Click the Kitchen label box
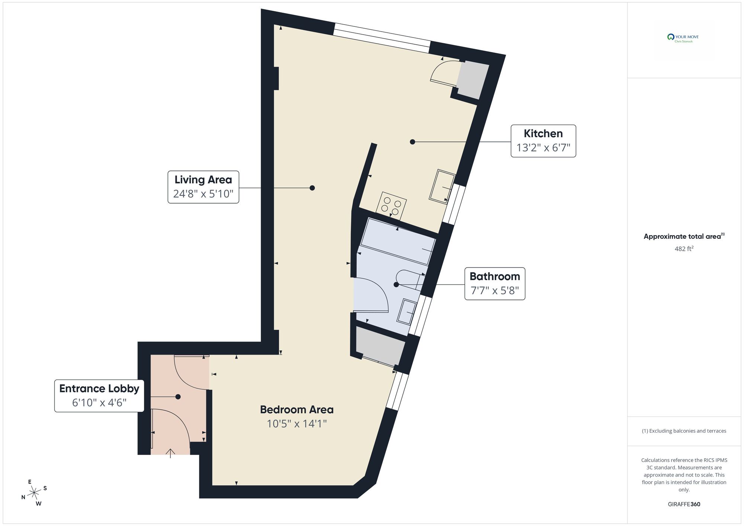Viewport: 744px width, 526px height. click(543, 141)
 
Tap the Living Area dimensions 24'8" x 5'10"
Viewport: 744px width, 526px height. click(203, 194)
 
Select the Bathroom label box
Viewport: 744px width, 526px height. click(494, 283)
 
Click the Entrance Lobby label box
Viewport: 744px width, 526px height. click(99, 395)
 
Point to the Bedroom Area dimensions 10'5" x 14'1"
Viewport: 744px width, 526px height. click(296, 424)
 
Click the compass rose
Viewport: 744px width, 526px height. click(34, 493)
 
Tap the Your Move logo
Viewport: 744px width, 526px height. click(684, 38)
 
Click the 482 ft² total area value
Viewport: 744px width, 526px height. click(684, 248)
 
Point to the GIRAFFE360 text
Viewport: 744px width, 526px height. click(684, 504)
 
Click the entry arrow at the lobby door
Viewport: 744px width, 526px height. click(170, 453)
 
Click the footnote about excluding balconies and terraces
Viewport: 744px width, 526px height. click(684, 431)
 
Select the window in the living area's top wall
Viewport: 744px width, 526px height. click(382, 38)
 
